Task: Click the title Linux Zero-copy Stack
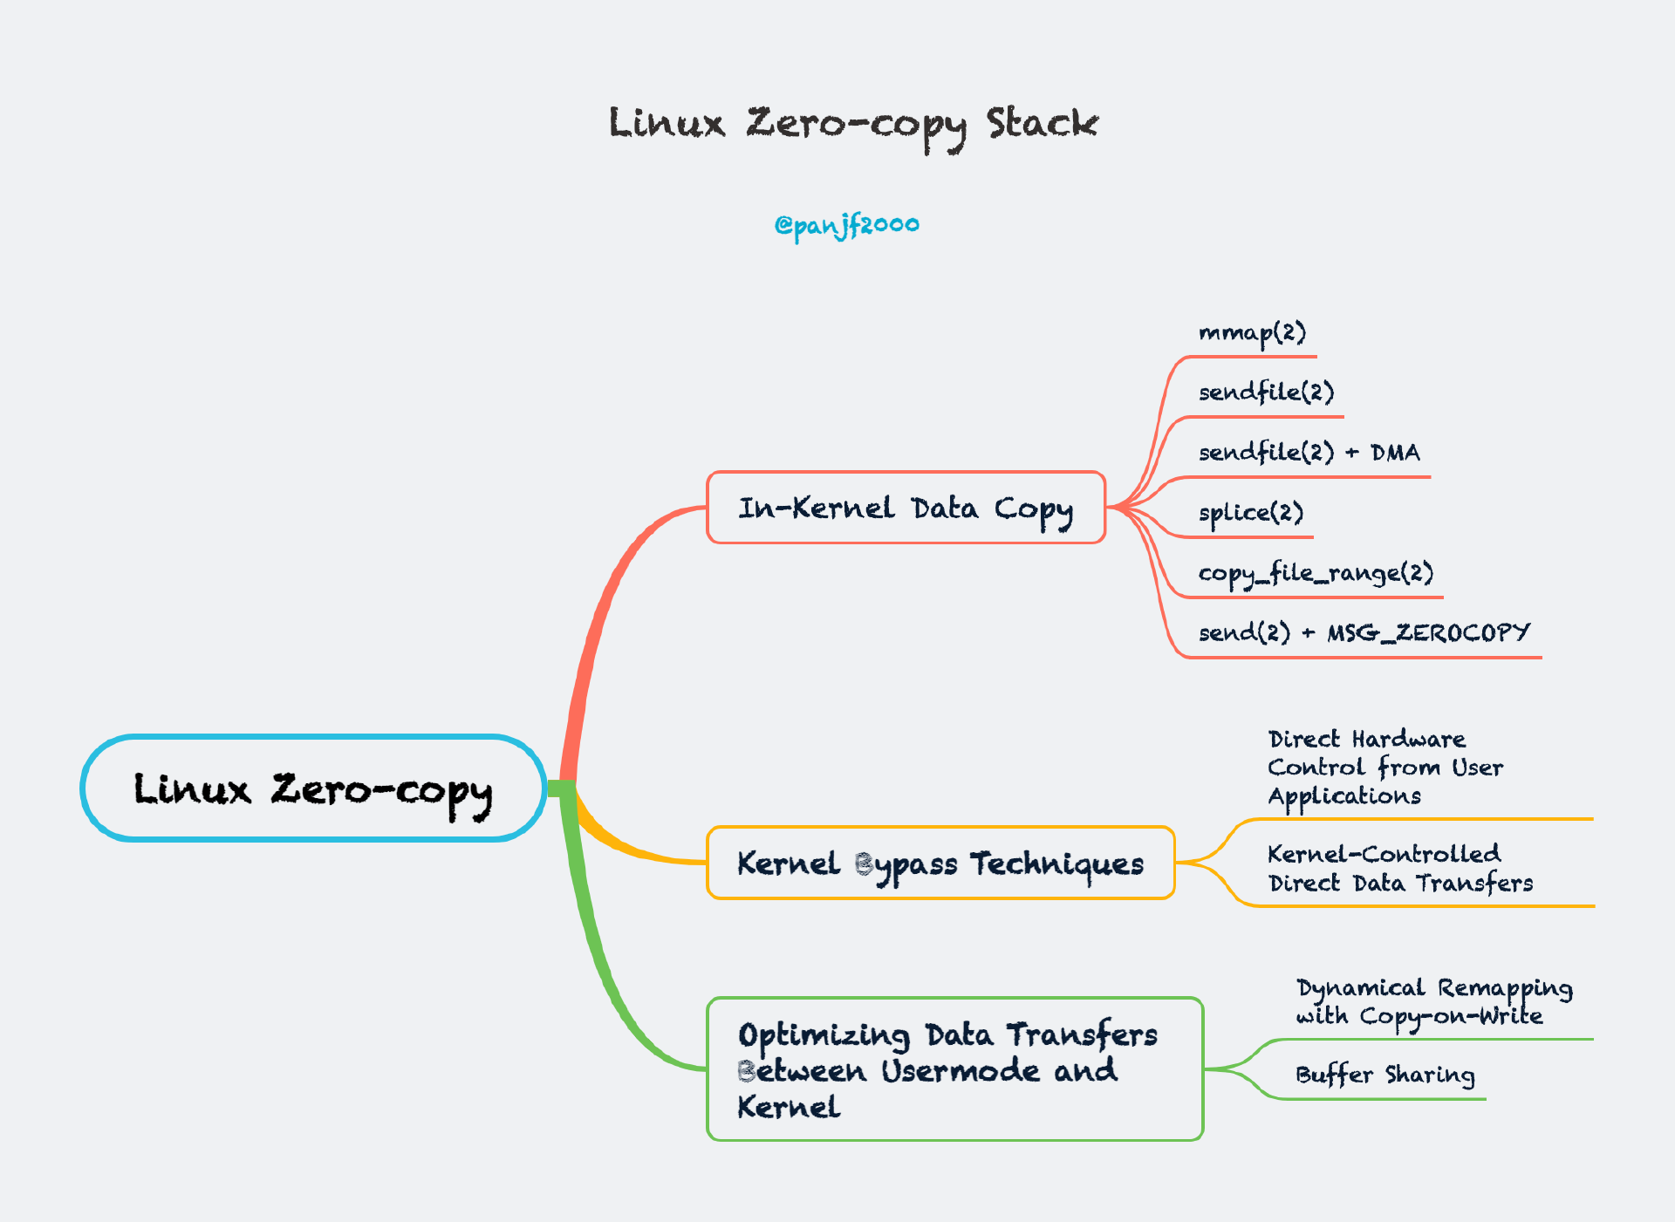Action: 852,124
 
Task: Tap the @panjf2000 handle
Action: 846,225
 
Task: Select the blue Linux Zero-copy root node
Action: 313,788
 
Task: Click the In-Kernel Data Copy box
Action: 906,508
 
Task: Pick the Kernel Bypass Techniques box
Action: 940,864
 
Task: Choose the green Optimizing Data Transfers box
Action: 954,1069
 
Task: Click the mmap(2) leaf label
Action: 1252,333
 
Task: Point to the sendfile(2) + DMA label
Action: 1309,453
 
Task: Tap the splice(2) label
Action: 1250,513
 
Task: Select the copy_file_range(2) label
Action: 1315,573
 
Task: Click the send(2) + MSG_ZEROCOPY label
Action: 1364,632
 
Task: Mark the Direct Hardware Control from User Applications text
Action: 1384,768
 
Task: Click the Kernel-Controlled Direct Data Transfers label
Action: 1399,869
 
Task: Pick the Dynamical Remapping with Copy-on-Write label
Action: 1433,1002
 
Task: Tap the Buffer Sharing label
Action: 1384,1075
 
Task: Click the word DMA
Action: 1395,453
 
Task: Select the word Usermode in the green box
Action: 960,1070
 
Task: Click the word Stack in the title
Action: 1042,123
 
